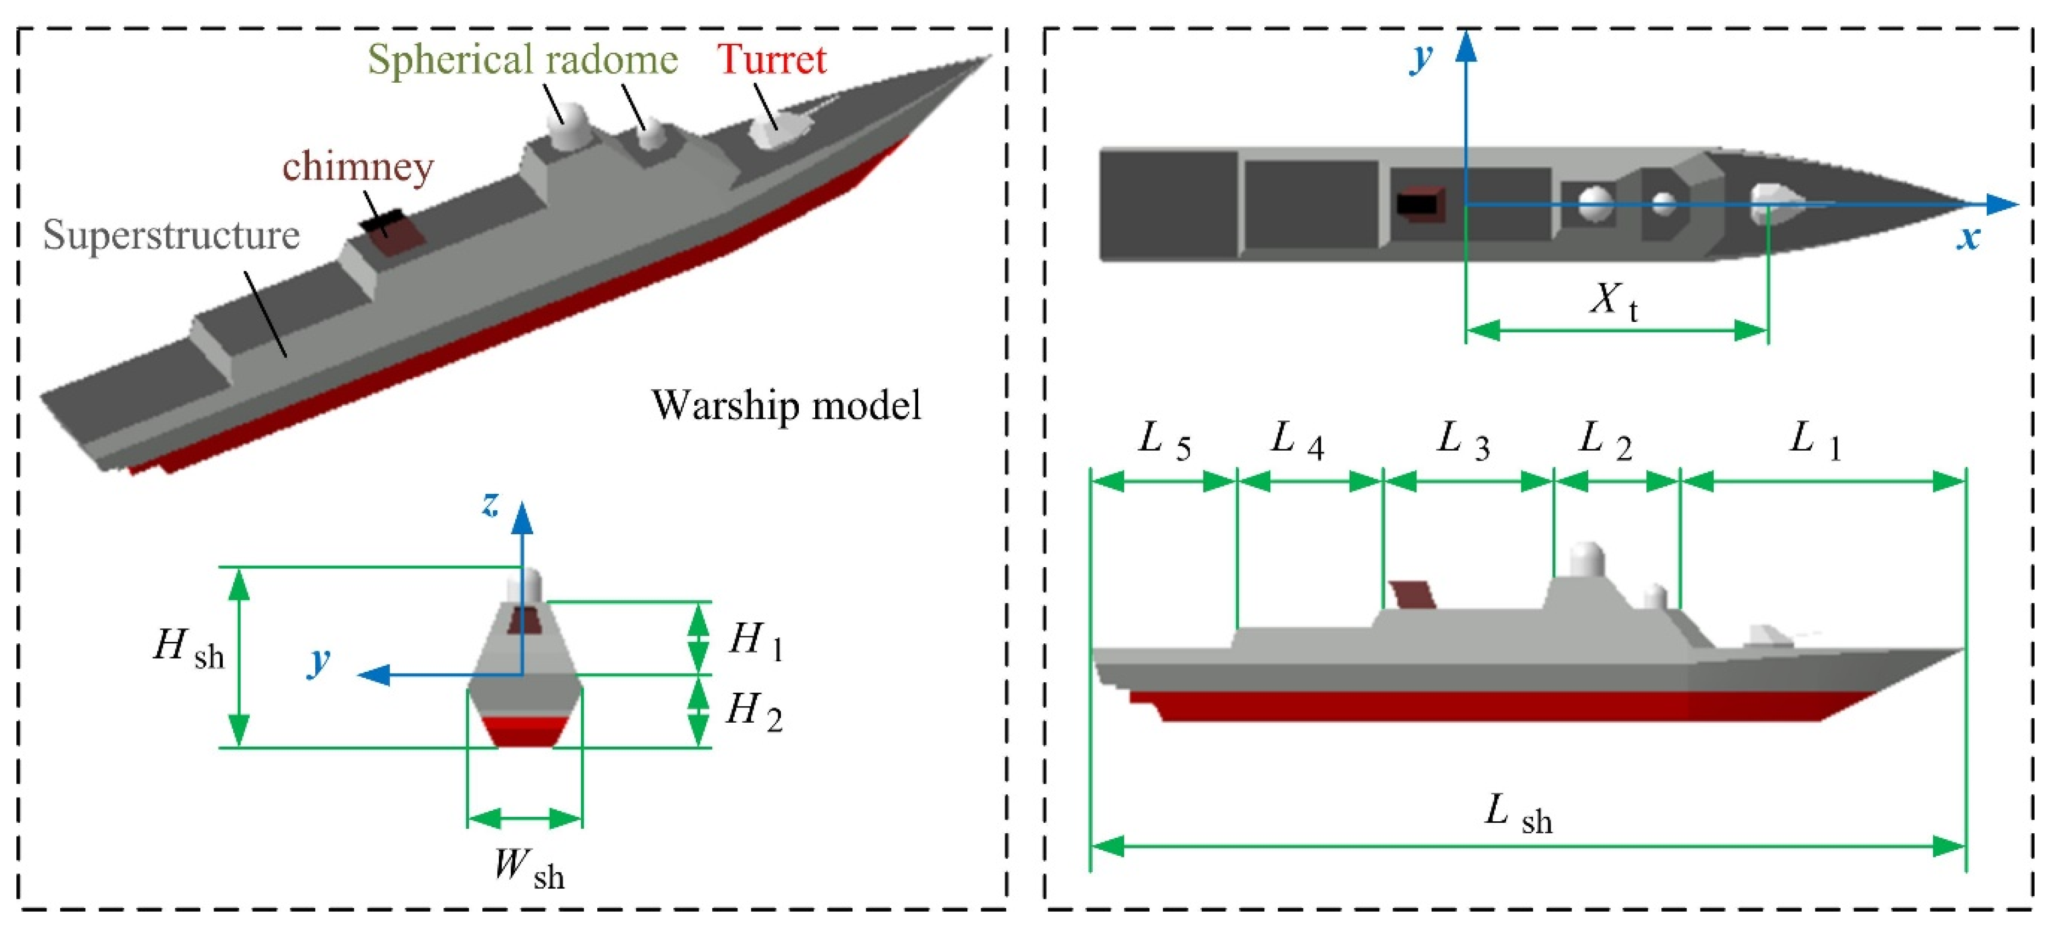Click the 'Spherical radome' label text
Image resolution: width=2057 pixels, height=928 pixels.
point(522,60)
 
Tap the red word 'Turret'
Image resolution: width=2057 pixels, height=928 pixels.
point(771,59)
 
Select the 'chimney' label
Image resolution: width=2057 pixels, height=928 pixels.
point(358,167)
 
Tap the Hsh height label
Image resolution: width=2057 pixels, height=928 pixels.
point(188,648)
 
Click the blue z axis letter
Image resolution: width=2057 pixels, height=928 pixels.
point(489,505)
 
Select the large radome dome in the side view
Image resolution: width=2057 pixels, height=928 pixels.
point(1587,558)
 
